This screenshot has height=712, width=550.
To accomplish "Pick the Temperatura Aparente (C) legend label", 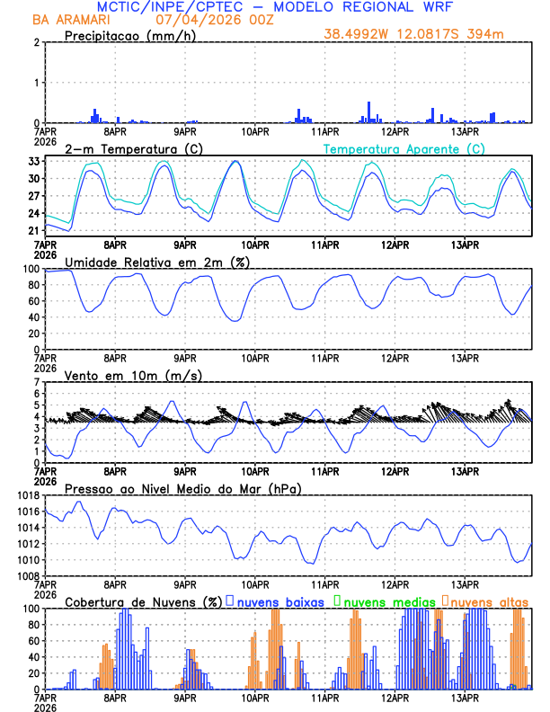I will point(404,148).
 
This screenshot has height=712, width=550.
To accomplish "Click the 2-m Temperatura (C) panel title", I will point(132,148).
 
